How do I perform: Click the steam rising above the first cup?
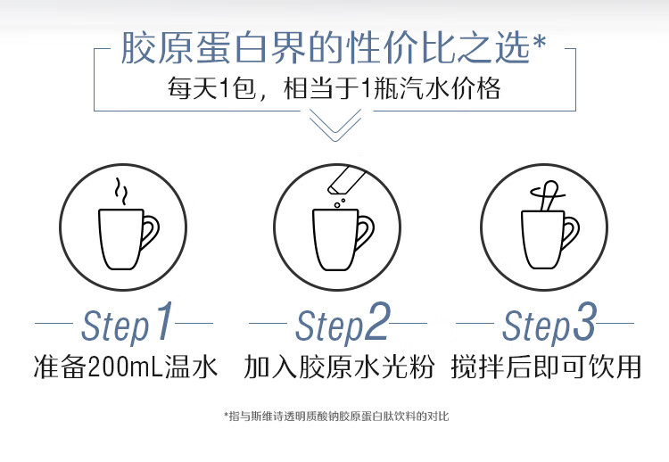[x=120, y=192]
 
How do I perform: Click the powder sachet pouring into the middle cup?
[x=346, y=179]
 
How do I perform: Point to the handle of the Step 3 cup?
[x=572, y=232]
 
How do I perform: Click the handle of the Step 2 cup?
[x=366, y=232]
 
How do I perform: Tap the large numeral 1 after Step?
[x=164, y=320]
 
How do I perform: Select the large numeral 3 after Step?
[x=583, y=321]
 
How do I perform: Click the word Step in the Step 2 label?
[x=329, y=326]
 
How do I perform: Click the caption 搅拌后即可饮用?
[x=546, y=367]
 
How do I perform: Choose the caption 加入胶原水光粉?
[x=339, y=367]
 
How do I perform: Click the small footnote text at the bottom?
[x=336, y=416]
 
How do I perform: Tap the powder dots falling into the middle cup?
[x=339, y=203]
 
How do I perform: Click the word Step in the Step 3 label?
[x=536, y=326]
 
